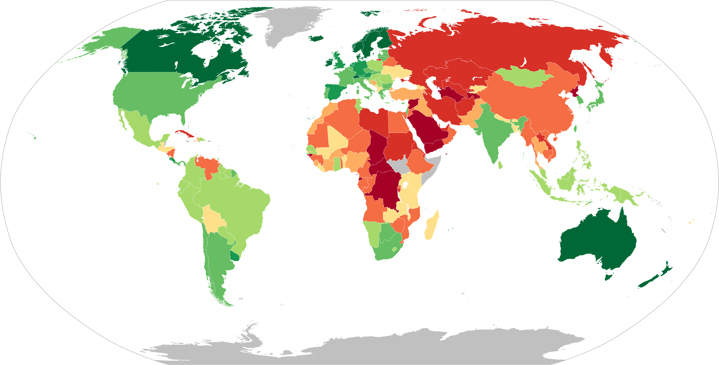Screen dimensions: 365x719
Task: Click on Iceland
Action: pos(316,38)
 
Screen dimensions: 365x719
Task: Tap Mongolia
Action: pos(522,77)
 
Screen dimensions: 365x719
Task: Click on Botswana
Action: pos(387,233)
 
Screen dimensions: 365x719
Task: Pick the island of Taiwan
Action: pos(575,128)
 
